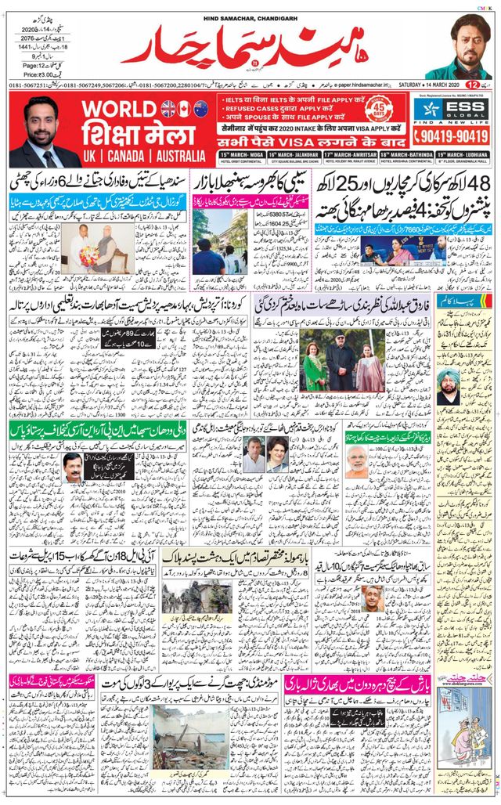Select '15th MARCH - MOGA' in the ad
[x=240, y=156]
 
